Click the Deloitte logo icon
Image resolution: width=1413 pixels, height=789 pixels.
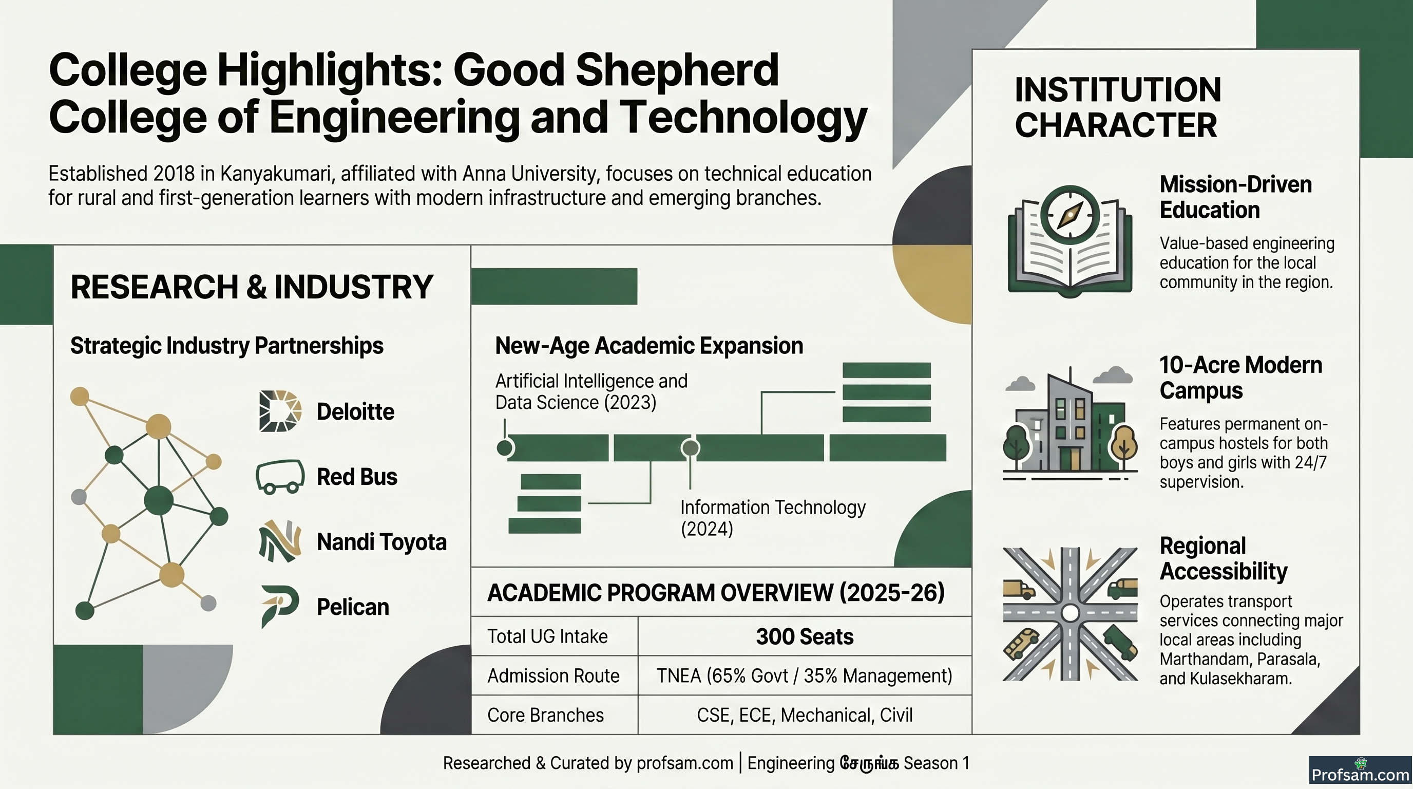pyautogui.click(x=280, y=411)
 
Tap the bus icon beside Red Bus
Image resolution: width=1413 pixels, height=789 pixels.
pyautogui.click(x=280, y=476)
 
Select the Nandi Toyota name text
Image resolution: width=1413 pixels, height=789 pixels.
pyautogui.click(x=382, y=542)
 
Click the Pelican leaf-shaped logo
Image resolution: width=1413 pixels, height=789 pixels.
pyautogui.click(x=280, y=606)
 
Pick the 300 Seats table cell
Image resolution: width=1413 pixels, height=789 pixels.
pyautogui.click(x=805, y=636)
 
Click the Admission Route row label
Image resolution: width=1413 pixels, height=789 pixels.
pyautogui.click(x=553, y=675)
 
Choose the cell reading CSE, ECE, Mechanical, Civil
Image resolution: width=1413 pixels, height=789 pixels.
pyautogui.click(x=805, y=715)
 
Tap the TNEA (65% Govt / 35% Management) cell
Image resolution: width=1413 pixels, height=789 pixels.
pyautogui.click(x=805, y=675)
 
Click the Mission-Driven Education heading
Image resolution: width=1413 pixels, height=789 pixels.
pyautogui.click(x=1235, y=197)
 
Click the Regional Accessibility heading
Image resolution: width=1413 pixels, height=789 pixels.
pyautogui.click(x=1223, y=558)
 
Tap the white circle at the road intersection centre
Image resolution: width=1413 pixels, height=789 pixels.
pyautogui.click(x=1070, y=613)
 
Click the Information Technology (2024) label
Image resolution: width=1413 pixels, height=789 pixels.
pyautogui.click(x=773, y=518)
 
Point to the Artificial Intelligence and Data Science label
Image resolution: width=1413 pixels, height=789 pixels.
pyautogui.click(x=591, y=391)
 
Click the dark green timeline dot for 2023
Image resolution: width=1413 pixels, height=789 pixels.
pyautogui.click(x=505, y=448)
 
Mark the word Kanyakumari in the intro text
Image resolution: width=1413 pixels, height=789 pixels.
pyautogui.click(x=278, y=174)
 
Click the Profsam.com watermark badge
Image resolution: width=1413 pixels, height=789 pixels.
pyautogui.click(x=1360, y=772)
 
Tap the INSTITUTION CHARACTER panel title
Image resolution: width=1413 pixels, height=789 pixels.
pyautogui.click(x=1117, y=107)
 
